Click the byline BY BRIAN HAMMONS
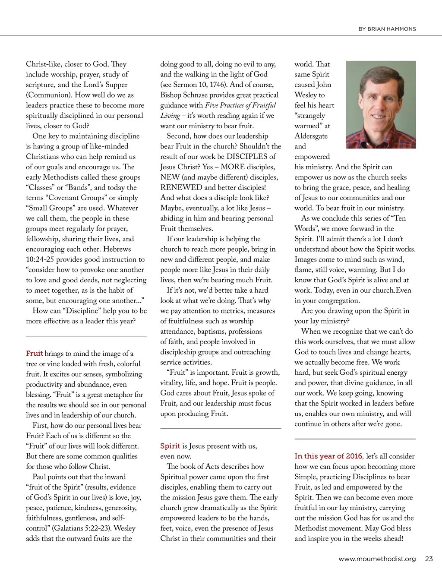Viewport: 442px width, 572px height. (387, 29)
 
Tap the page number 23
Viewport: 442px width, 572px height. (429, 559)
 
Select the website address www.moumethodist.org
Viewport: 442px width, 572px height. (377, 559)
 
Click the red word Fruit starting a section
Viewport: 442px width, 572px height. (34, 353)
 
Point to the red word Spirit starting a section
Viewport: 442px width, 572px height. (170, 446)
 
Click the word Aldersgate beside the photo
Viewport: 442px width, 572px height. (311, 136)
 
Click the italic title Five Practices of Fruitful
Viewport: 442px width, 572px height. (240, 105)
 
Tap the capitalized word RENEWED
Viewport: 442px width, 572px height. (181, 187)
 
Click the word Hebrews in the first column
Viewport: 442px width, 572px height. (117, 249)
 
